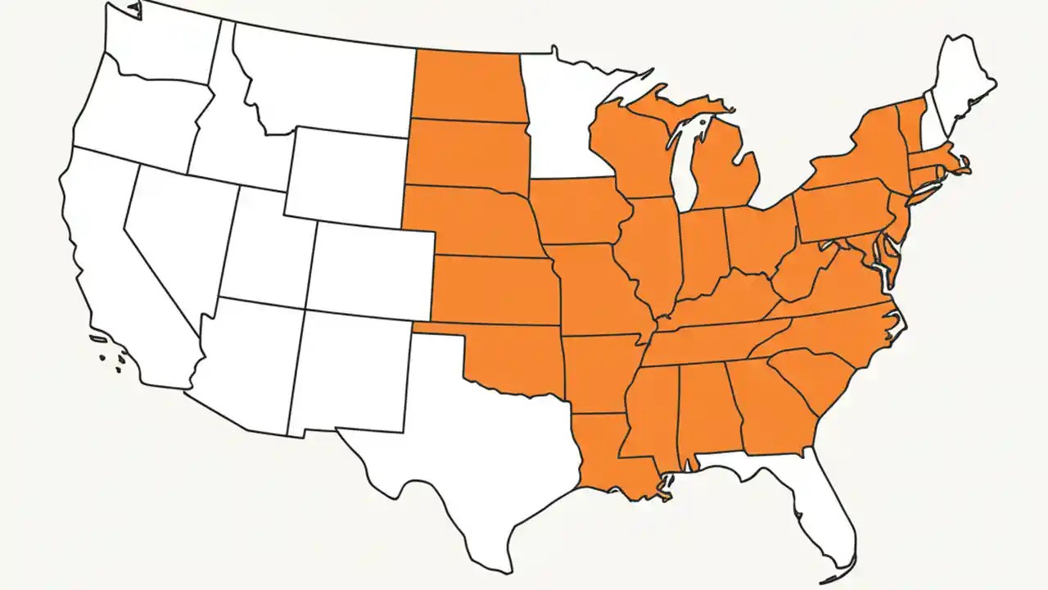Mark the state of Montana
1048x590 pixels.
tap(327, 82)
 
